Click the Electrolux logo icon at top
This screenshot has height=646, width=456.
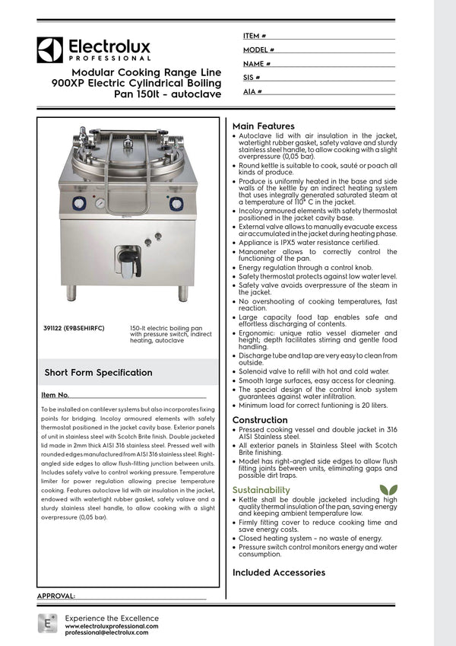pyautogui.click(x=49, y=49)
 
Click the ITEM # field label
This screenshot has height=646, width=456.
pyautogui.click(x=255, y=36)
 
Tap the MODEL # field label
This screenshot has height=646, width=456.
pyautogui.click(x=258, y=49)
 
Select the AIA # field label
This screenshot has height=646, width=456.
pyautogui.click(x=253, y=91)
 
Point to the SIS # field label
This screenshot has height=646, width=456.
pyautogui.click(x=252, y=78)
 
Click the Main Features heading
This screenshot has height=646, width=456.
pyautogui.click(x=263, y=126)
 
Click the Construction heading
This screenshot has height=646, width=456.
pyautogui.click(x=260, y=420)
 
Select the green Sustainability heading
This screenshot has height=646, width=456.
pyautogui.click(x=261, y=489)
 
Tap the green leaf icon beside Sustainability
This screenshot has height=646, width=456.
pyautogui.click(x=388, y=488)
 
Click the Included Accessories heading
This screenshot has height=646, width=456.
pyautogui.click(x=278, y=572)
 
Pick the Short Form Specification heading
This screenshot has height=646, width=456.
pyautogui.click(x=98, y=373)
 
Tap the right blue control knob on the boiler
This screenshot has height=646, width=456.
pyautogui.click(x=176, y=204)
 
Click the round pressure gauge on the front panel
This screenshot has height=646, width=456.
pyautogui.click(x=101, y=203)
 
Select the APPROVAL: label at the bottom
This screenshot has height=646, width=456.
pyautogui.click(x=56, y=596)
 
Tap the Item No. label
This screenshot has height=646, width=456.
pyautogui.click(x=55, y=395)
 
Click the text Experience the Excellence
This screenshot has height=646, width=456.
pyautogui.click(x=112, y=617)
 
